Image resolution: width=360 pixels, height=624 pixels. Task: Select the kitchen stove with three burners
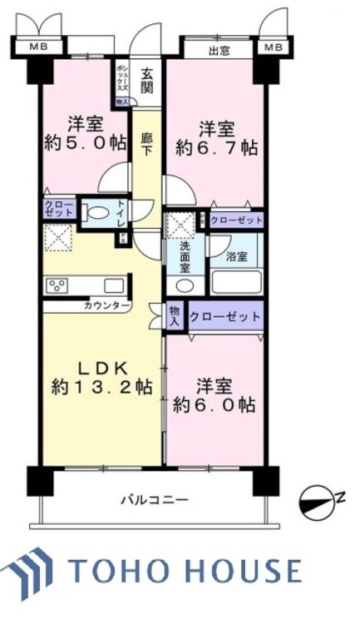[58, 285]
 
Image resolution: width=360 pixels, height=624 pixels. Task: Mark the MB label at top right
[273, 47]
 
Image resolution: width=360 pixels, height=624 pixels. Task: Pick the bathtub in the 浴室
[236, 280]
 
